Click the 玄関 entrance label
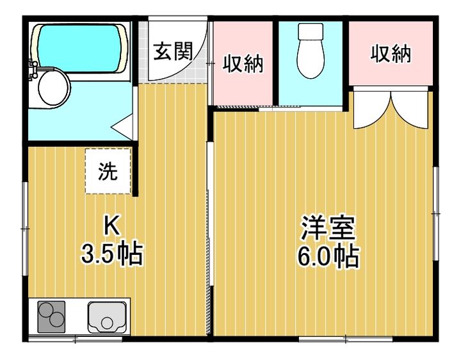[173, 51]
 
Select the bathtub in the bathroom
[80, 48]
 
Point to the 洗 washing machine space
[108, 171]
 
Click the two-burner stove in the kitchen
[51, 317]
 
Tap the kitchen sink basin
[107, 317]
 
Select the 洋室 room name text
[328, 228]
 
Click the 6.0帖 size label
[328, 256]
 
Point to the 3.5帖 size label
[112, 254]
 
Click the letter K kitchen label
[112, 225]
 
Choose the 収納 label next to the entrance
[243, 63]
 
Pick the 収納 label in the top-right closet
[391, 54]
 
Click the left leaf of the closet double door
[371, 110]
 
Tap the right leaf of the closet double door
[410, 110]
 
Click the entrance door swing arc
[197, 62]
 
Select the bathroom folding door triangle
[122, 127]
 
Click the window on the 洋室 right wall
[436, 213]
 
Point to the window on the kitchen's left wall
[25, 229]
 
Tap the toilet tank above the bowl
[311, 31]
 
